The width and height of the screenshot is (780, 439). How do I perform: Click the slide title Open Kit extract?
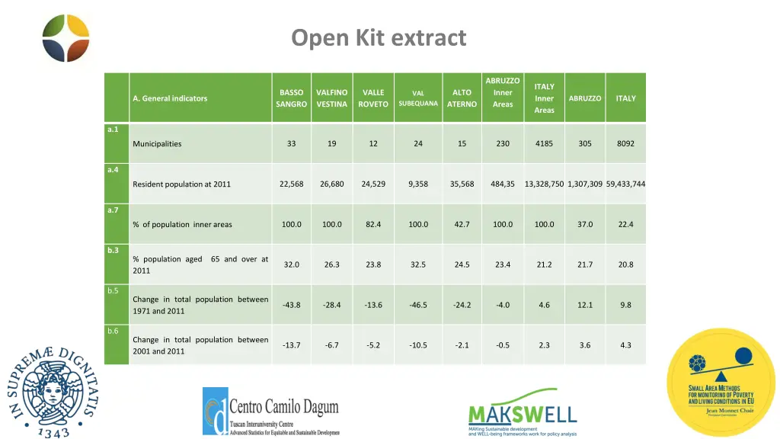point(379,37)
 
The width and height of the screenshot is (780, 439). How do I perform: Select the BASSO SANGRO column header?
point(292,98)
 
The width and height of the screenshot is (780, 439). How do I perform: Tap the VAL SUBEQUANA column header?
point(418,98)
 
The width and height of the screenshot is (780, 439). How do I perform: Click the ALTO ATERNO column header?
point(462,98)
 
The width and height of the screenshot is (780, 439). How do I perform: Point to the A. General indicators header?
point(170,98)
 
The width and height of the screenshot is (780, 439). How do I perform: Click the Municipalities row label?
point(157,144)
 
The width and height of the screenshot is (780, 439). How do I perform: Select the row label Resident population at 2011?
point(181,184)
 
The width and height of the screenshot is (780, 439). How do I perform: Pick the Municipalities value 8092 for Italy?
point(625,143)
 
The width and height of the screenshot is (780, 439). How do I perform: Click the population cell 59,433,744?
point(625,184)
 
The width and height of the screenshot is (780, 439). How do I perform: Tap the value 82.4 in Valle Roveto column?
point(373,224)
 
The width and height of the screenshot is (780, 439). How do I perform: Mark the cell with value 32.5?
point(418,264)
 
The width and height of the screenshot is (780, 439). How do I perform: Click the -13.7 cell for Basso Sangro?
point(292,345)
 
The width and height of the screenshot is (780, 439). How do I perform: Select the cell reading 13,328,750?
point(544,184)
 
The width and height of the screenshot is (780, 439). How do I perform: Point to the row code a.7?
point(113,210)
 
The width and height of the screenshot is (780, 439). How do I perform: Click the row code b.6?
point(113,331)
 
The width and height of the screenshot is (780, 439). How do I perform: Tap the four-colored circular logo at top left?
point(66,38)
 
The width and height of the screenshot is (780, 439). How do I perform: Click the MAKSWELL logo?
point(522,412)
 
